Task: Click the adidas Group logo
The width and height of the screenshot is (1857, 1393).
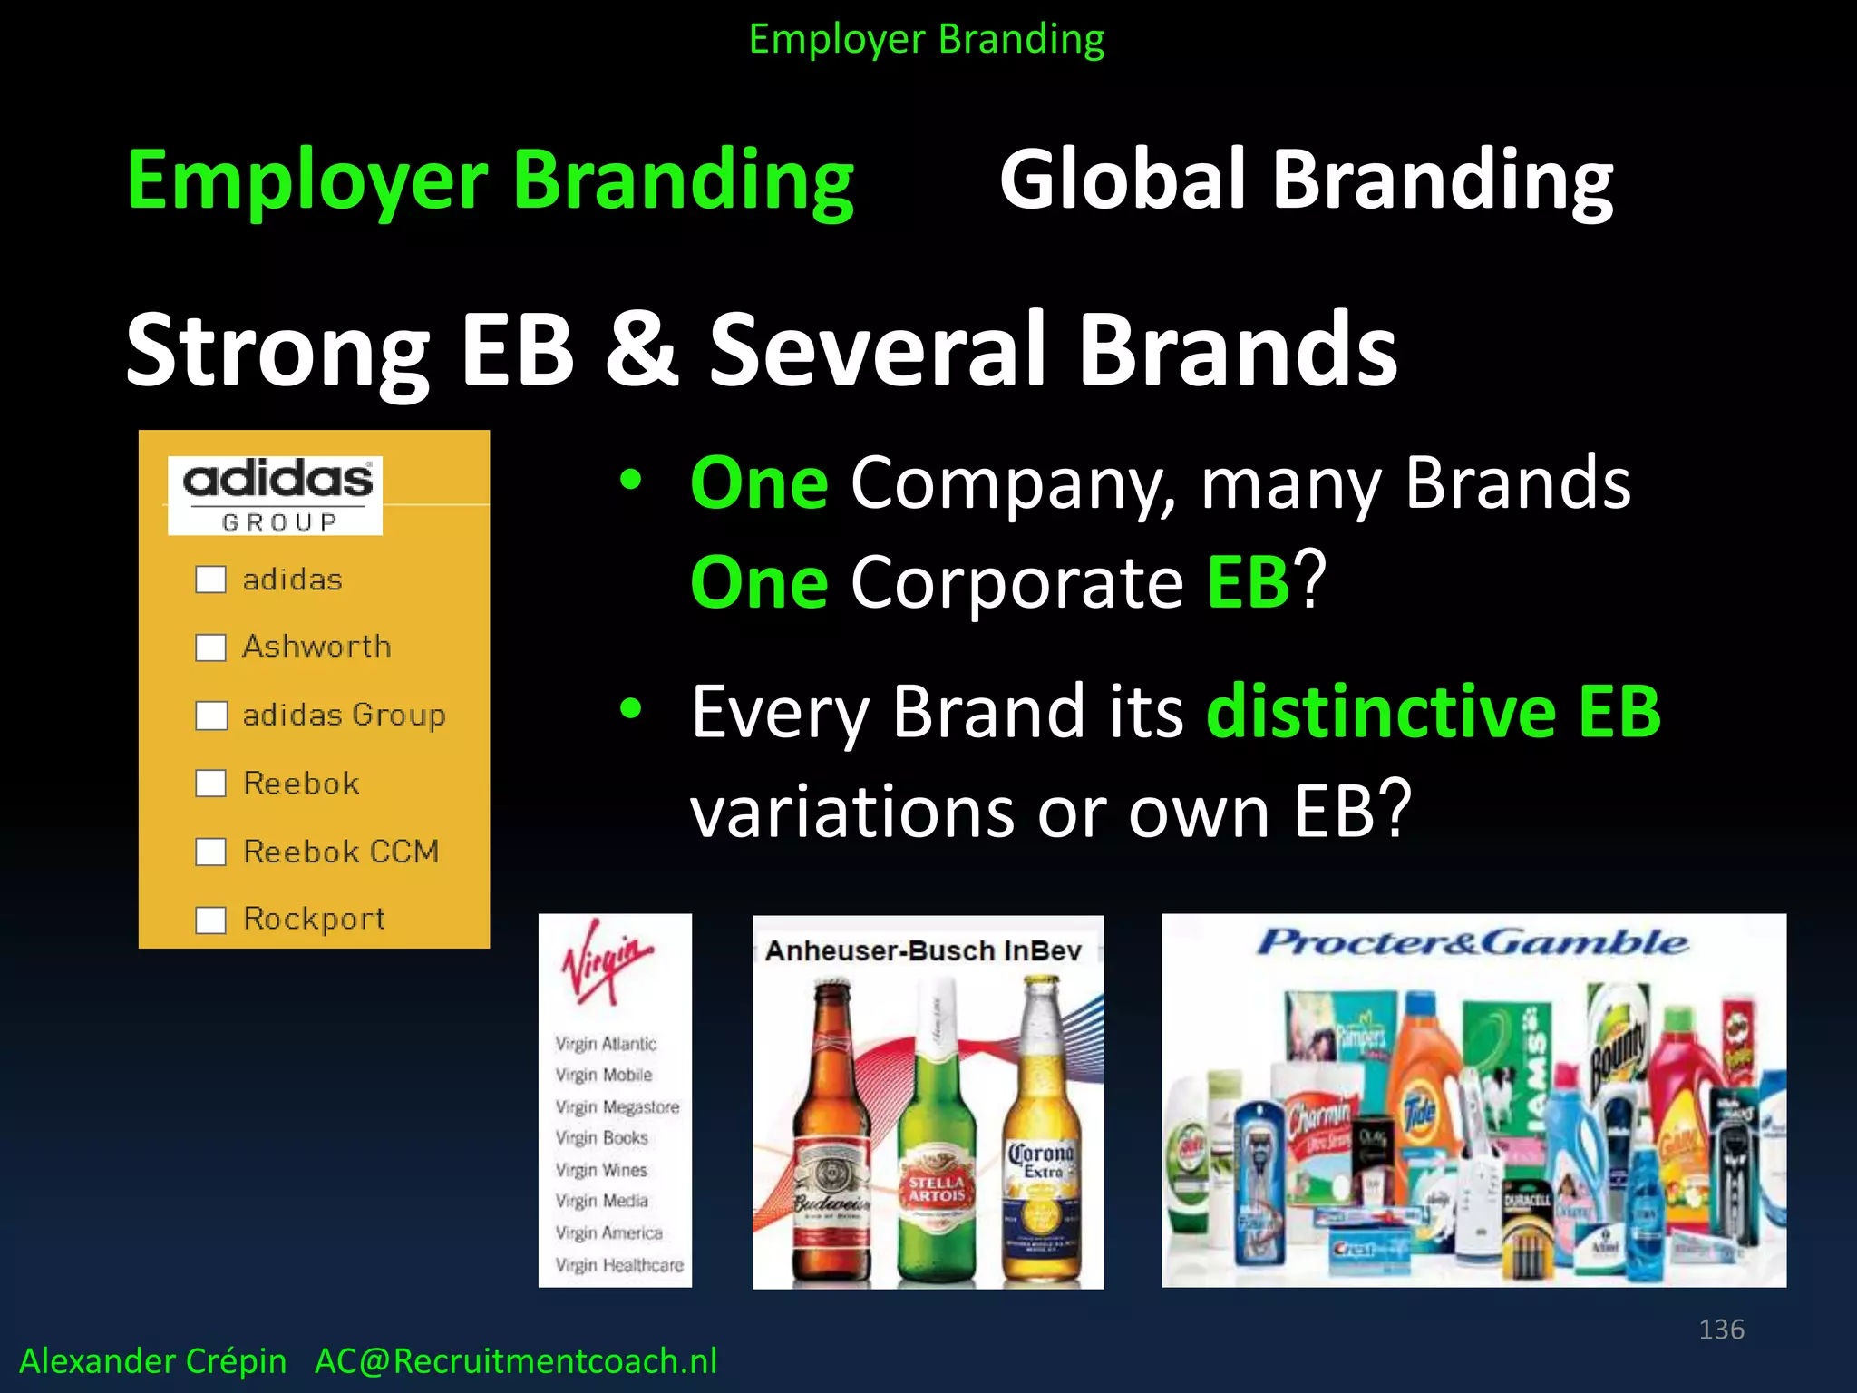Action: (276, 495)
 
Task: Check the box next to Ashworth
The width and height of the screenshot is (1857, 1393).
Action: (210, 648)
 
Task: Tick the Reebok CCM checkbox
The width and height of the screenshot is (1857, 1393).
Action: (210, 852)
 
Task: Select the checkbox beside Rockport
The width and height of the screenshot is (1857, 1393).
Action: (210, 920)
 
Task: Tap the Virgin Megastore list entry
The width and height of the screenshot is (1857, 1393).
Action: (617, 1106)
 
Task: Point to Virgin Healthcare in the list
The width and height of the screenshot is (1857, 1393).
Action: (619, 1264)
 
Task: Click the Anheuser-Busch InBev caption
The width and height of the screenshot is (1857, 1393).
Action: (923, 950)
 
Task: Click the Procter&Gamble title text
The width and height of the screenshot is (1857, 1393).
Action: (1473, 943)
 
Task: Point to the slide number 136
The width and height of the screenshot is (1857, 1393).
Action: (1721, 1330)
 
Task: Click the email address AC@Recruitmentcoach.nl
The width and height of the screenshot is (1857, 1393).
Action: (515, 1361)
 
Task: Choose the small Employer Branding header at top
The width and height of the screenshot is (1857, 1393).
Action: (927, 40)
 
